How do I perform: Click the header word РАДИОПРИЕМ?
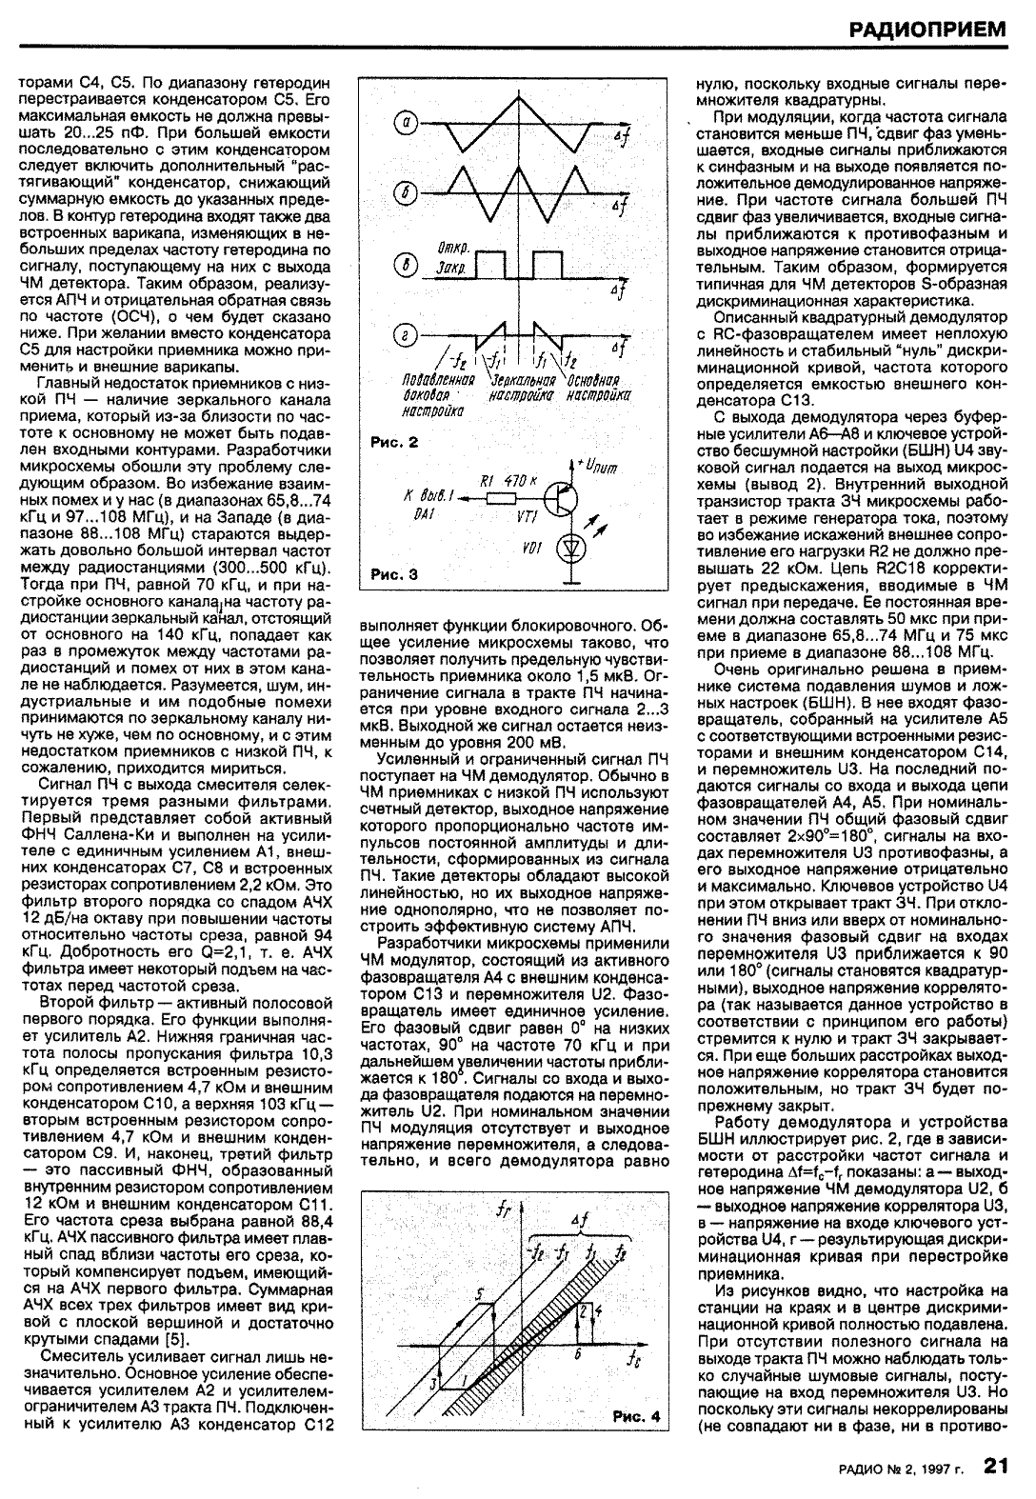tap(929, 30)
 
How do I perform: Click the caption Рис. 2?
tap(393, 442)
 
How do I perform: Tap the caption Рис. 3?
tap(393, 575)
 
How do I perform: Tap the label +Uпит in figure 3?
tap(600, 466)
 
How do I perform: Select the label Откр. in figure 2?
tap(449, 250)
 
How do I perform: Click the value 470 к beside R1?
tap(523, 481)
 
